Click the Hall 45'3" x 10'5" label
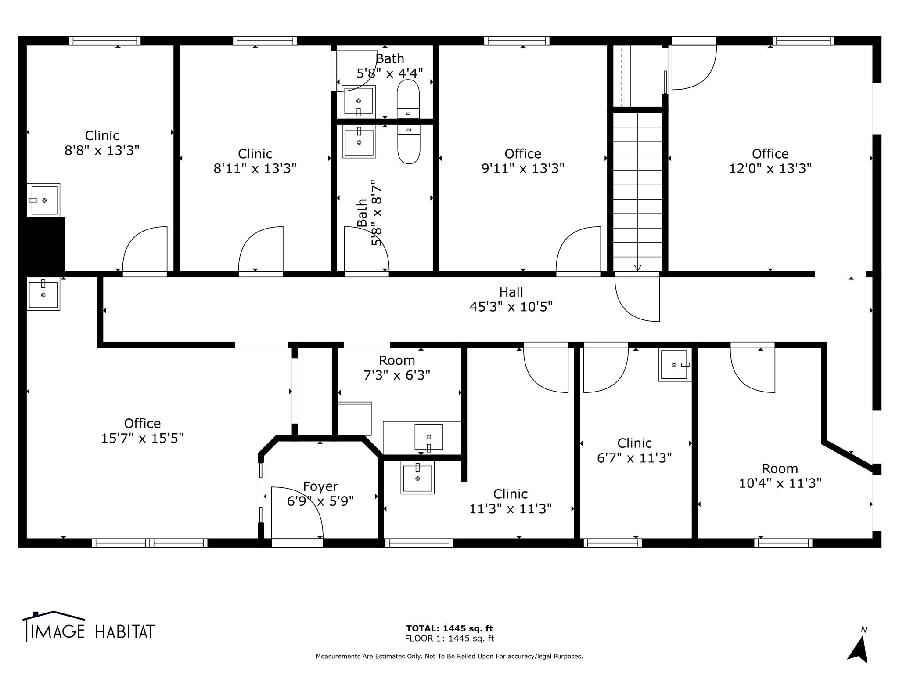coord(511,299)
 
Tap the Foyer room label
coord(320,494)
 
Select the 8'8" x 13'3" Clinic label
coord(102,143)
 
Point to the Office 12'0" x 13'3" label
coord(770,161)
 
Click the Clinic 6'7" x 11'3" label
coord(634,450)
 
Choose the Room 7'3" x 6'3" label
coord(397,368)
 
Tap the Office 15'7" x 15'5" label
coord(142,431)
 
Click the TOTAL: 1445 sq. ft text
coord(449,628)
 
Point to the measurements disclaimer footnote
coord(449,656)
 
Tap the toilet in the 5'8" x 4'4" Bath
coord(408,98)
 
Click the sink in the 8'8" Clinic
coord(43,200)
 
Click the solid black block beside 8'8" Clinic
coord(42,244)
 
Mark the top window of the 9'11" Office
coord(517,41)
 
